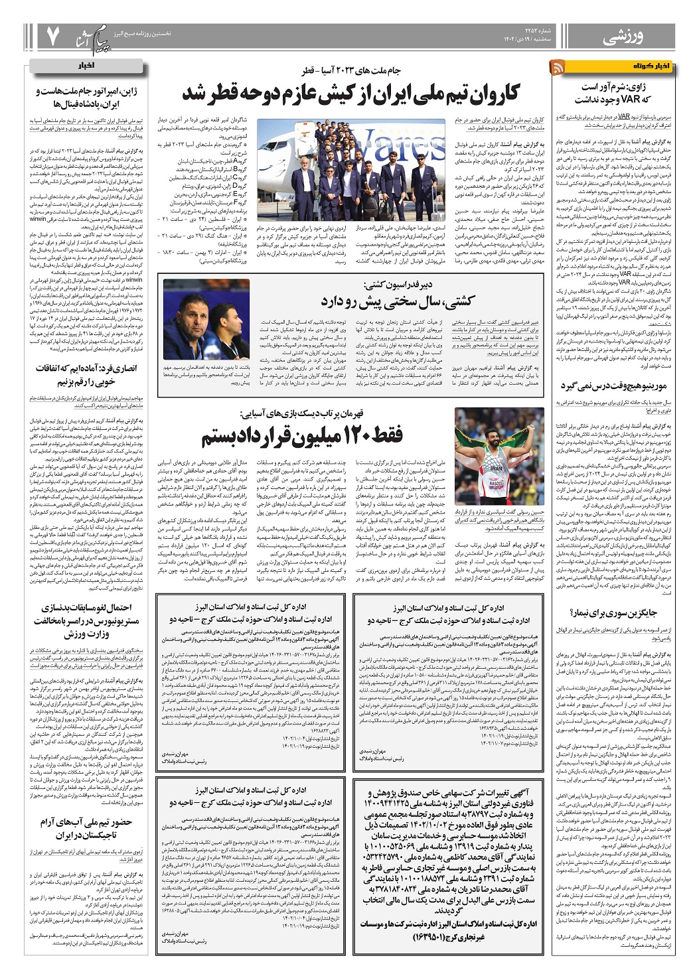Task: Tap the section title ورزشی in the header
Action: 625,38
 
